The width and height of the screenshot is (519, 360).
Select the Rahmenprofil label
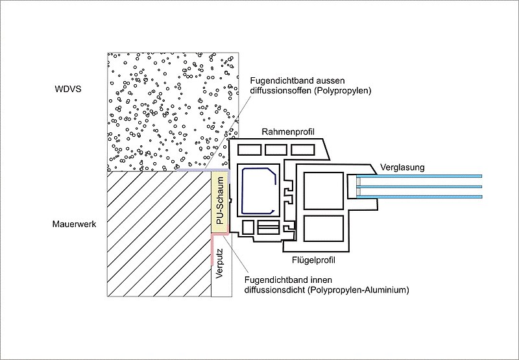tap(288, 132)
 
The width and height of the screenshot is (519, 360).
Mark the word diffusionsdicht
tap(275, 291)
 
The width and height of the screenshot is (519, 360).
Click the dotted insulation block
tap(169, 110)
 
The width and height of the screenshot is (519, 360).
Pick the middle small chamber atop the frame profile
tap(274, 150)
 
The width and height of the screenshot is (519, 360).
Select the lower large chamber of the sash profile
tap(322, 228)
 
